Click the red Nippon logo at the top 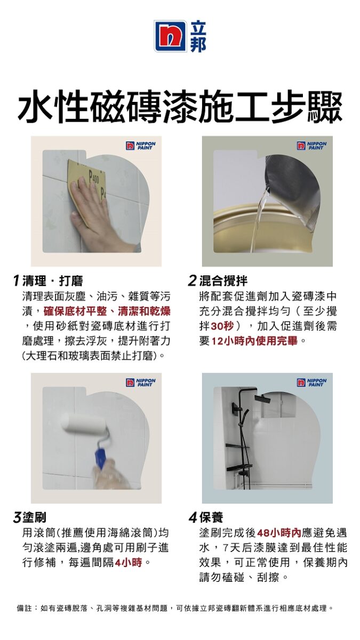point(170,36)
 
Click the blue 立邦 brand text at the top point(198,36)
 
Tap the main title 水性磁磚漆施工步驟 point(180,107)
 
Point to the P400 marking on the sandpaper point(94,179)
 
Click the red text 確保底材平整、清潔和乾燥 point(107,311)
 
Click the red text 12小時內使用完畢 point(254,341)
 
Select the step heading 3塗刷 point(29,517)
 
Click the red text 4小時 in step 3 point(128,563)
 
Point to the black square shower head point(262,398)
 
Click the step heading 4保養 point(206,517)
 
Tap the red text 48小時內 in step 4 point(279,533)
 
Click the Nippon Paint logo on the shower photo point(311,382)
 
